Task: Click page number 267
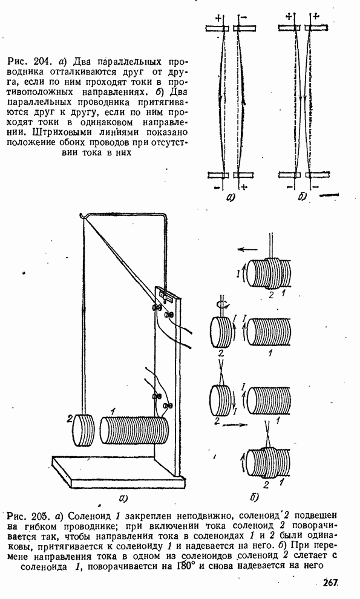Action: pos(331,583)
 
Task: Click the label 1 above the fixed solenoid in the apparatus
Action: pos(113,412)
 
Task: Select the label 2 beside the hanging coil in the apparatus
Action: pos(69,419)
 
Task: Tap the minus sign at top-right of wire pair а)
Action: pos(244,18)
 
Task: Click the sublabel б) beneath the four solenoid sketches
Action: pos(255,497)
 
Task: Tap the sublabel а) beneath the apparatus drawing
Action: pos(123,497)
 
